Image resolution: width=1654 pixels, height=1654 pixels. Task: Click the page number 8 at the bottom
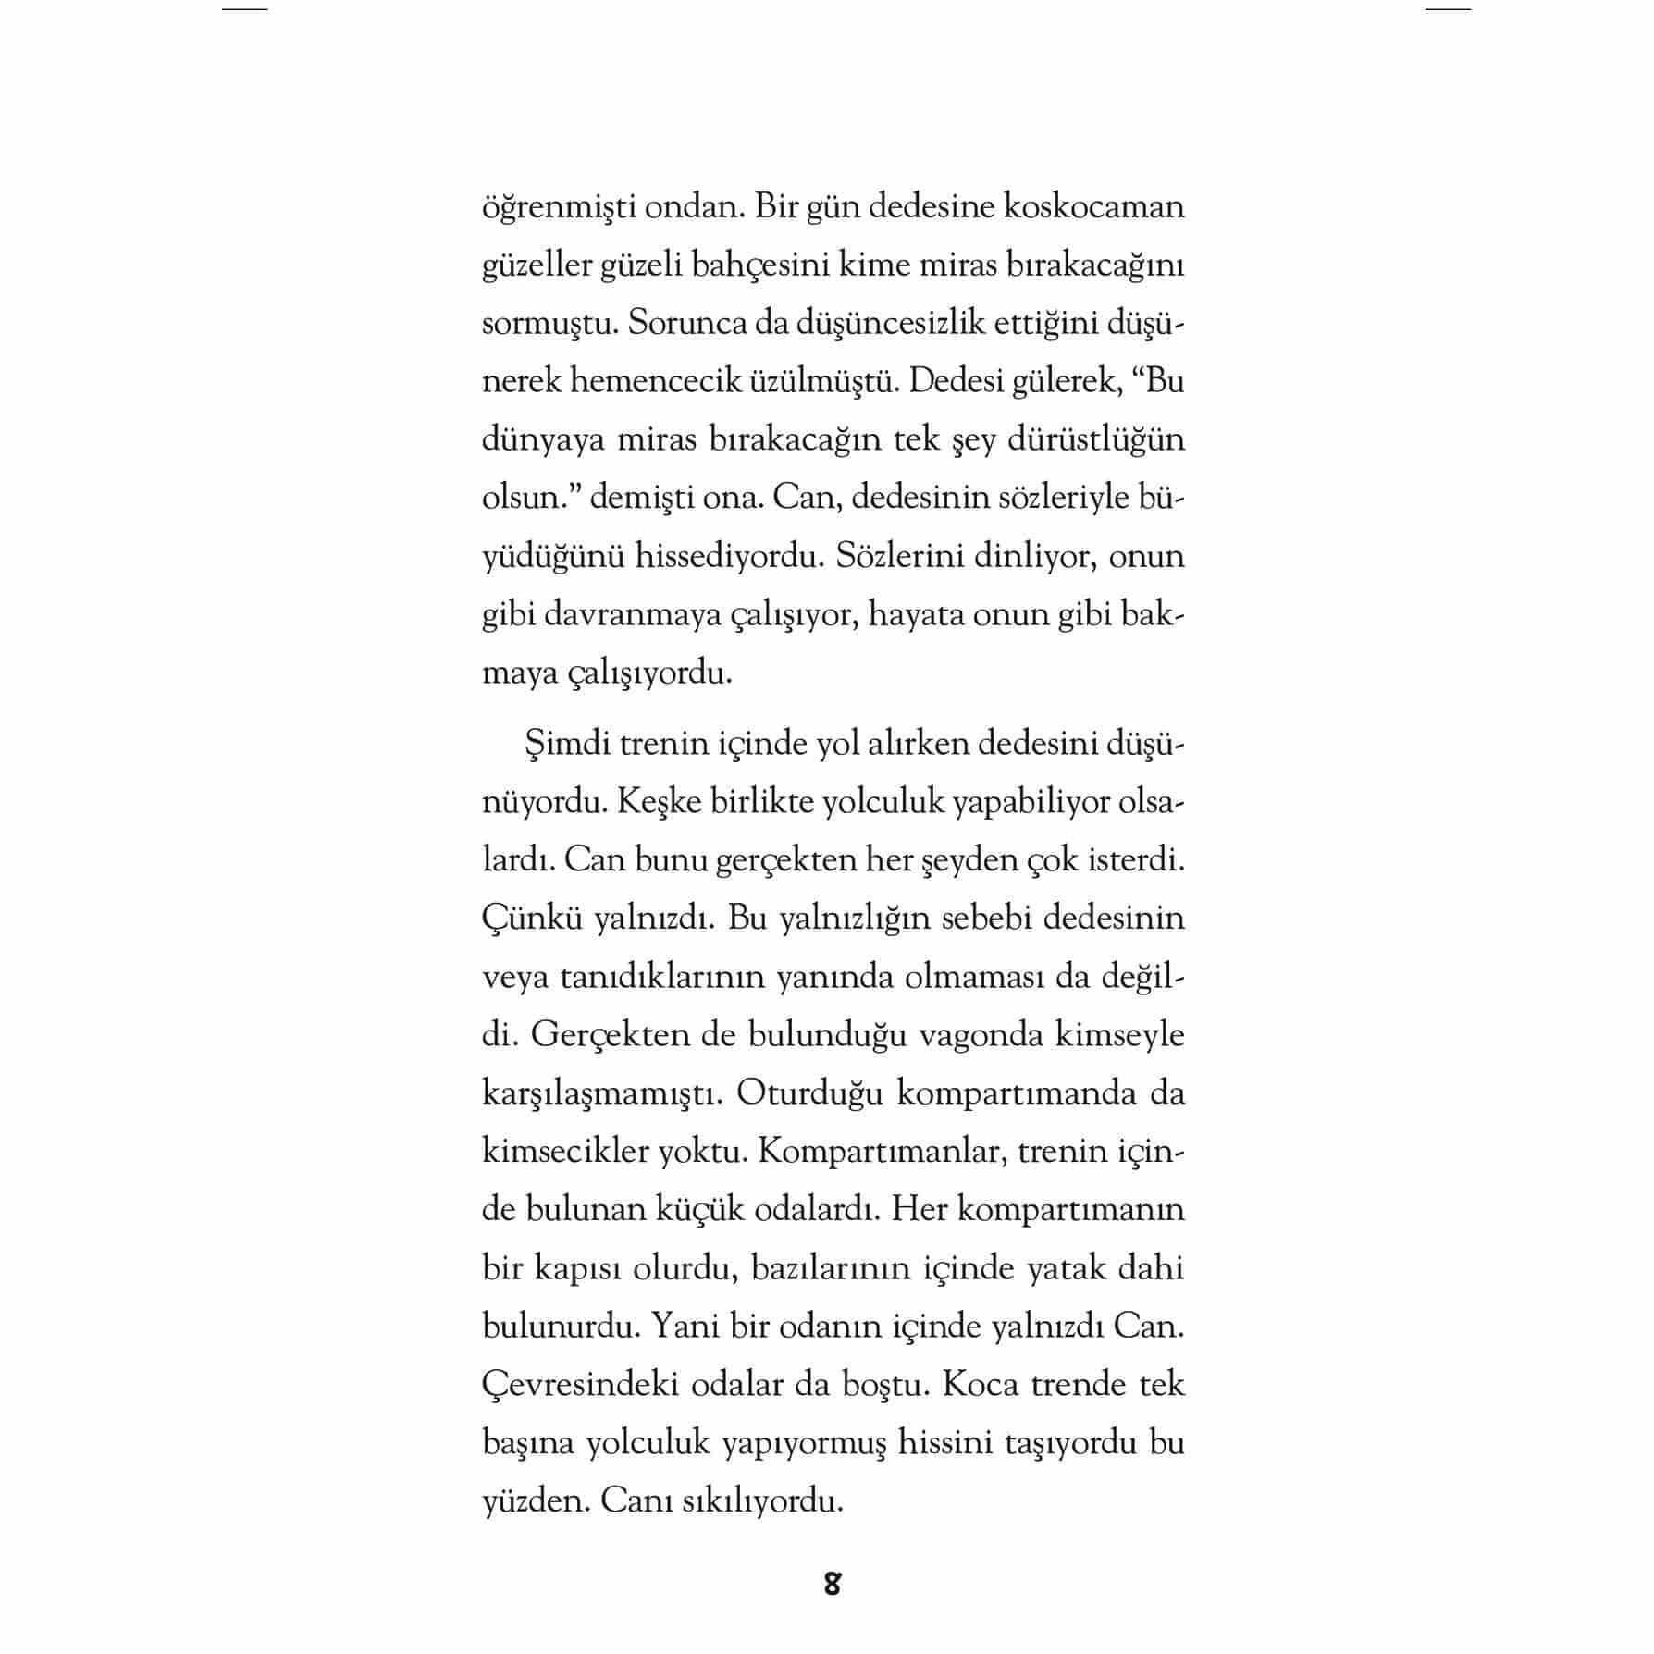pyautogui.click(x=832, y=1584)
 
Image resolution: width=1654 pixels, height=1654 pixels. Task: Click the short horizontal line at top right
pyautogui.click(x=1448, y=9)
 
